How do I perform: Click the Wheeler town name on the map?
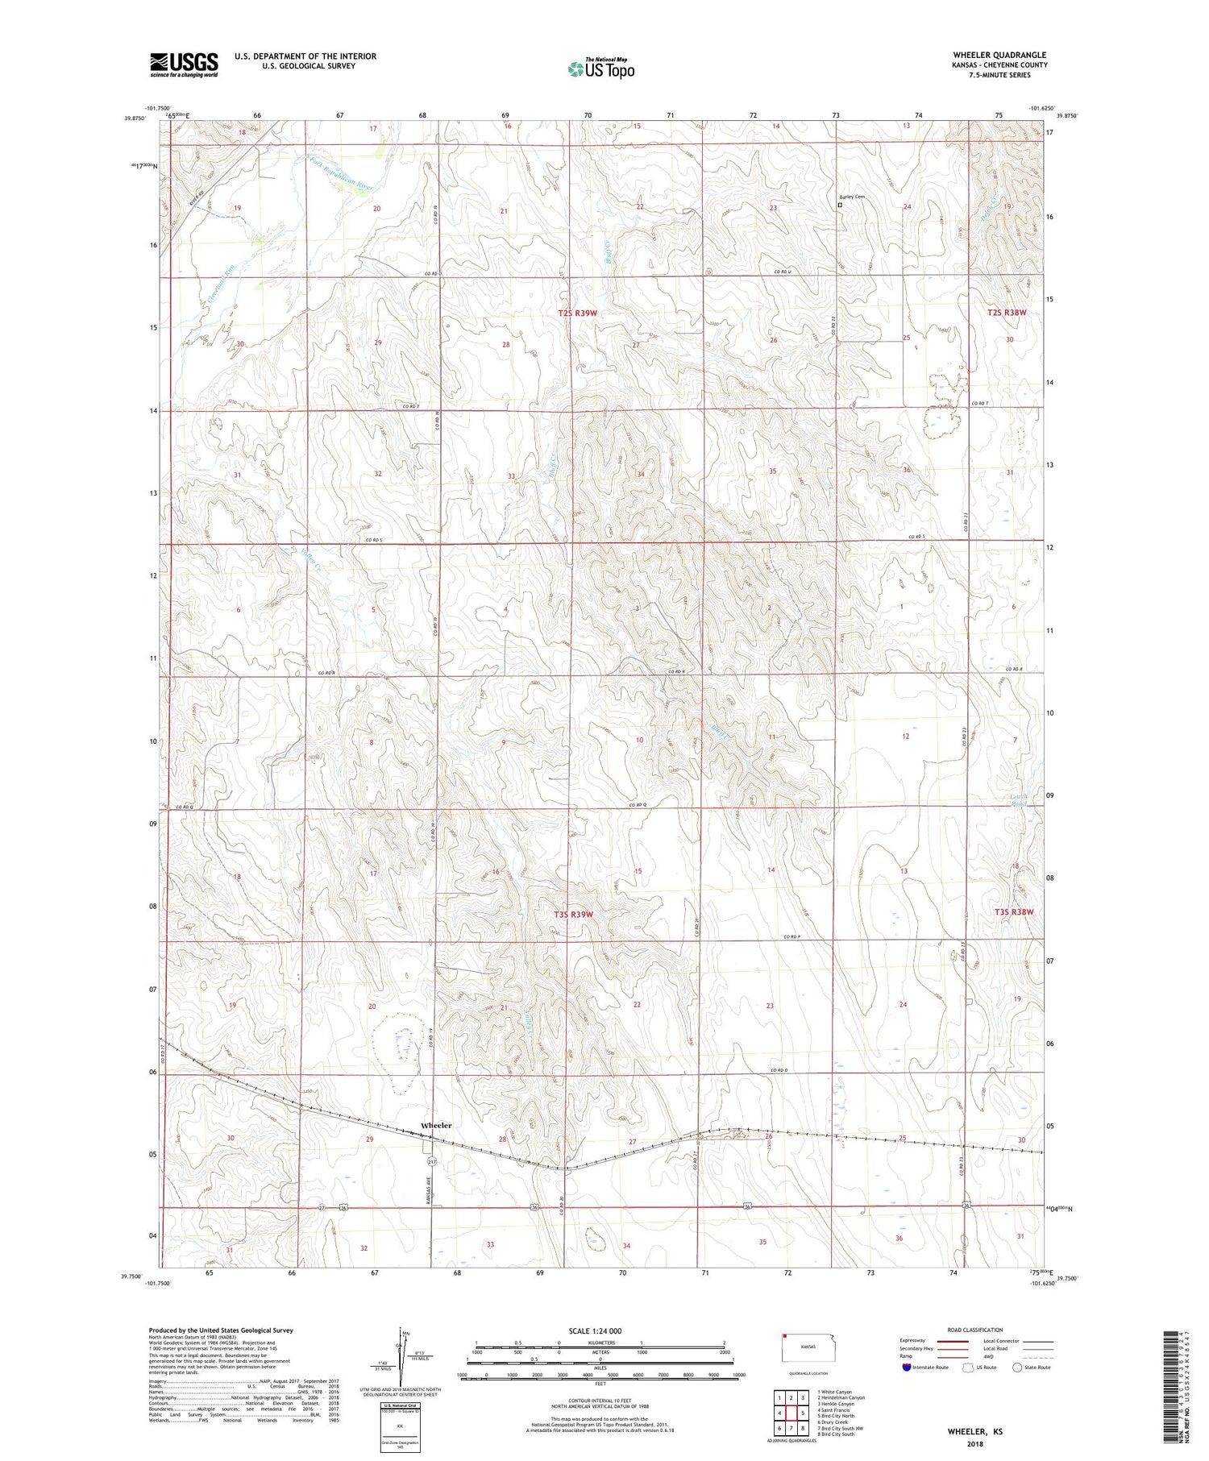point(436,1125)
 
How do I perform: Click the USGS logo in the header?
point(184,64)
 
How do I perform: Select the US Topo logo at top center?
point(600,68)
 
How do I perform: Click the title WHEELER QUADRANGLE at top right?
point(999,55)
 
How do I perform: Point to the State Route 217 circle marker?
point(432,1161)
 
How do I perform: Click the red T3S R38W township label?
point(1013,911)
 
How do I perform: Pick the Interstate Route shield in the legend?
point(907,1368)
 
